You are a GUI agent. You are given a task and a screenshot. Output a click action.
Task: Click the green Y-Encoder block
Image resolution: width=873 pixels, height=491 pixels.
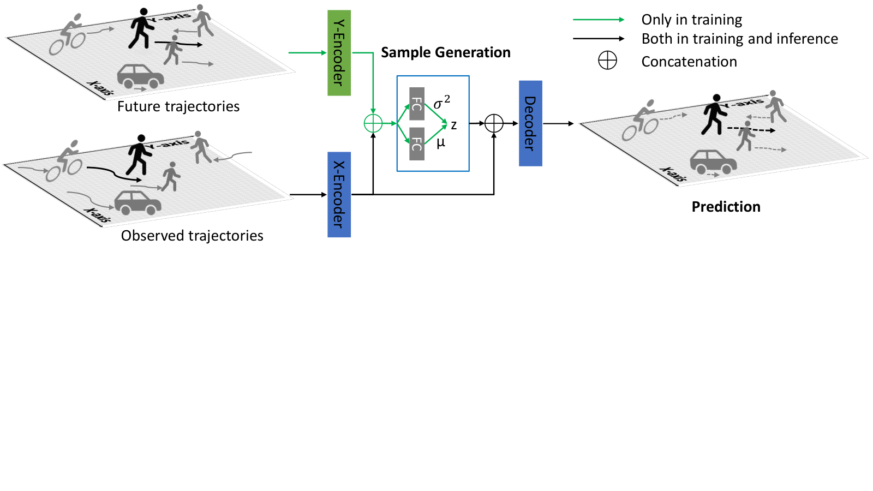[x=339, y=52]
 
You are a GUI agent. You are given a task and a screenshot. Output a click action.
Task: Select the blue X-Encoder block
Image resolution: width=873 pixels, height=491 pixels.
[x=339, y=194]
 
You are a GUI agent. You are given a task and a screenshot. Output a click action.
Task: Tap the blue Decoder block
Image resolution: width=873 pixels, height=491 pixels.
[x=530, y=123]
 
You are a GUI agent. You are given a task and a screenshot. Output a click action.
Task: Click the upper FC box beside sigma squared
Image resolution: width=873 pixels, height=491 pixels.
[x=417, y=104]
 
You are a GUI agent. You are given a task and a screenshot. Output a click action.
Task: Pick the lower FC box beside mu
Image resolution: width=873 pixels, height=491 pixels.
[x=417, y=144]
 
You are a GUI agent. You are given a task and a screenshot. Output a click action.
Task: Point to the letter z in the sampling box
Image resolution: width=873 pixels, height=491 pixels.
[x=453, y=125]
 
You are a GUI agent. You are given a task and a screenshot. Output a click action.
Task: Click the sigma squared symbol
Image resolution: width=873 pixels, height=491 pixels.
[x=441, y=102]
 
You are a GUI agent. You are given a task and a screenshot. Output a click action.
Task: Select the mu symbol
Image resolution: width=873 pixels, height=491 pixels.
[x=441, y=143]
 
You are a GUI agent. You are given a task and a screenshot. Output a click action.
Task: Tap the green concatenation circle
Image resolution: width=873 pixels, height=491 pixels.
[x=373, y=123]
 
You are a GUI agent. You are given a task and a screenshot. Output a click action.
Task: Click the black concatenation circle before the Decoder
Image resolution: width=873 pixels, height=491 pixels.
[x=494, y=123]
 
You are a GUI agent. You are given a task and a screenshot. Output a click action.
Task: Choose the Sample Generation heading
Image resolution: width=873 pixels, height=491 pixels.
[x=445, y=52]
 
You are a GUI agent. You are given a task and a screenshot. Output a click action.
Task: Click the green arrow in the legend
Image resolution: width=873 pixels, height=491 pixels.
[x=599, y=20]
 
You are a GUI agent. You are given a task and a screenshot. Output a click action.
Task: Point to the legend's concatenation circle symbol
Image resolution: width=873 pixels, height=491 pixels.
[x=608, y=61]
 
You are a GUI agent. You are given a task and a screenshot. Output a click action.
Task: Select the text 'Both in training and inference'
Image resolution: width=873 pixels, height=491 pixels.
[x=740, y=39]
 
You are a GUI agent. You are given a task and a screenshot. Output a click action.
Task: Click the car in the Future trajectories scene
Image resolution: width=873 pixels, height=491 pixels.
[x=141, y=76]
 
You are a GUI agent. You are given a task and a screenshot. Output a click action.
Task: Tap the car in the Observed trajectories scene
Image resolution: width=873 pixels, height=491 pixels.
[x=138, y=202]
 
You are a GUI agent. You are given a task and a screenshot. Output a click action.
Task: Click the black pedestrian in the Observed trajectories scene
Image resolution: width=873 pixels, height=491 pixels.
[x=139, y=155]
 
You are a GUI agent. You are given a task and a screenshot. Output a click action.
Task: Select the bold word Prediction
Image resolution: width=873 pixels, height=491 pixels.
[x=726, y=207]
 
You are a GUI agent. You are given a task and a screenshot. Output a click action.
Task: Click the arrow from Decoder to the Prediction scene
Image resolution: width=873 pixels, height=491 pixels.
[x=558, y=123]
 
